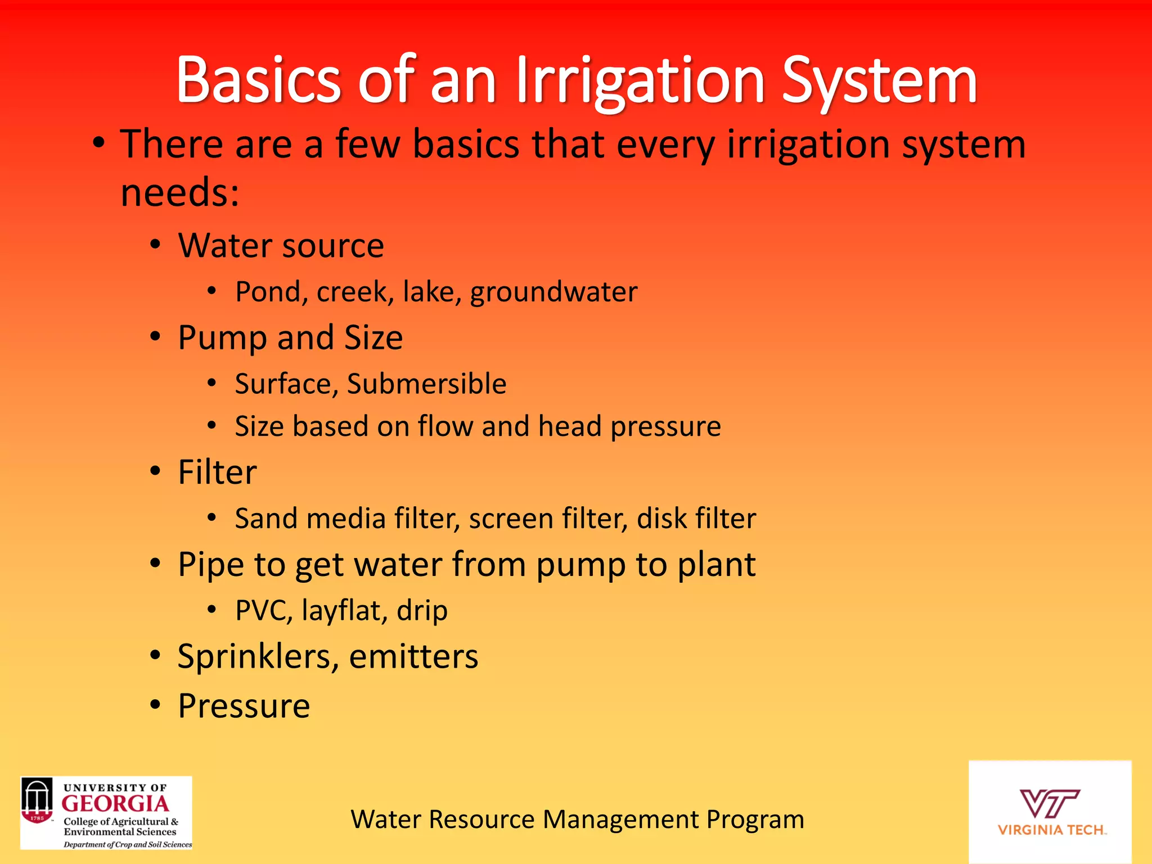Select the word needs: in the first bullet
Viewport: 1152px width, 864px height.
point(180,192)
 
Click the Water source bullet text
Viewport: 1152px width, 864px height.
point(281,246)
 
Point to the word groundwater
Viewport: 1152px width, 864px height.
point(553,292)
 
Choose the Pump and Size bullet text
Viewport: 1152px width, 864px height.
point(290,337)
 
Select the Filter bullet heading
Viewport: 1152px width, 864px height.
point(217,472)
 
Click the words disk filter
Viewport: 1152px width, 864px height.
point(696,519)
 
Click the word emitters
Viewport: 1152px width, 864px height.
point(413,656)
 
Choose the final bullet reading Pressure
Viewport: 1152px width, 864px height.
point(244,706)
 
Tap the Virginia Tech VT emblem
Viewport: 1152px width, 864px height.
point(1049,803)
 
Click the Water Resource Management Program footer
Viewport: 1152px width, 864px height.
point(577,820)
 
